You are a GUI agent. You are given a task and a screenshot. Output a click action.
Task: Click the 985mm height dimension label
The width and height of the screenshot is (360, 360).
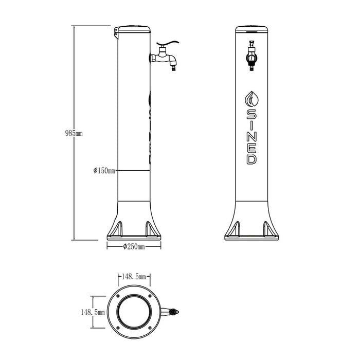(x=73, y=133)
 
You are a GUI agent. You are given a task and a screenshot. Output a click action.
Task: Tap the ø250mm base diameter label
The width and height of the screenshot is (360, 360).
(x=134, y=247)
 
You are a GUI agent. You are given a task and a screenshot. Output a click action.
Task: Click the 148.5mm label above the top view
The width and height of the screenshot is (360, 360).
(x=135, y=277)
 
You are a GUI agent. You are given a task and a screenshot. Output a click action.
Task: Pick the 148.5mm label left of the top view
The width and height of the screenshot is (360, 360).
(x=93, y=312)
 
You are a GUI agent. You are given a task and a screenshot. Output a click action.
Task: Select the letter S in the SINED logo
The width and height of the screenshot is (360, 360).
(x=251, y=113)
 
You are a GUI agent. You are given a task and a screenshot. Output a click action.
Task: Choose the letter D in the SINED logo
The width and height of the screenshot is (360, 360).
(x=251, y=159)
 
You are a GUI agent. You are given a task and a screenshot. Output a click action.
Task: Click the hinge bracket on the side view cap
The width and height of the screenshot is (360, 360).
(x=116, y=34)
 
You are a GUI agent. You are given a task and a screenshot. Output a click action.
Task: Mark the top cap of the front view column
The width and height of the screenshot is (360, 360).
(x=251, y=29)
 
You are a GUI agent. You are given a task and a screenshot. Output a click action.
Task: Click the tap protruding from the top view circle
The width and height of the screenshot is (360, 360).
(x=172, y=312)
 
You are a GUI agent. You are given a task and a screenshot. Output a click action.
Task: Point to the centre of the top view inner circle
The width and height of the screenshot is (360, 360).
(x=135, y=312)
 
